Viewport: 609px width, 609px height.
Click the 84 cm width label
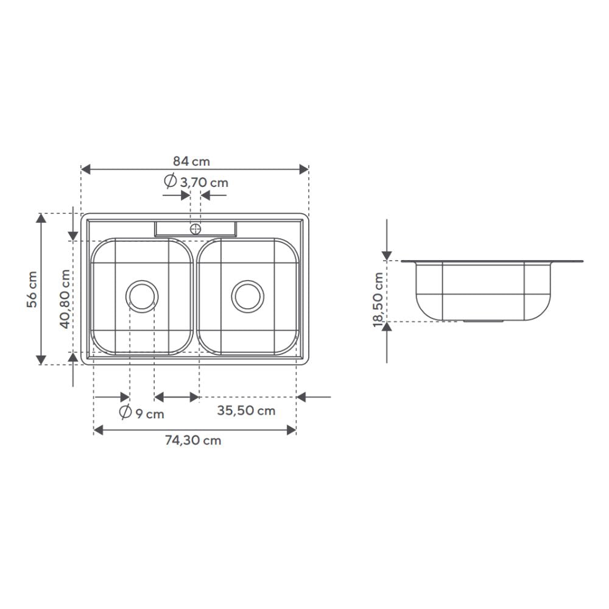pyautogui.click(x=191, y=161)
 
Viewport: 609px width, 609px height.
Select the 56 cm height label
pyautogui.click(x=32, y=289)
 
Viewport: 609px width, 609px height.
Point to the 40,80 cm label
pyautogui.click(x=65, y=299)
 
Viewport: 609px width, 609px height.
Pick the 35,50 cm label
pyautogui.click(x=246, y=410)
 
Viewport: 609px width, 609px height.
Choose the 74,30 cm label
pyautogui.click(x=193, y=440)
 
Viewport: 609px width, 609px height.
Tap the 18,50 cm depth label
pyautogui.click(x=378, y=300)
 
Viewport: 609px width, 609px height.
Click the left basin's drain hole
pyautogui.click(x=142, y=297)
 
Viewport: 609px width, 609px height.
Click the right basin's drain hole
pyautogui.click(x=248, y=297)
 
